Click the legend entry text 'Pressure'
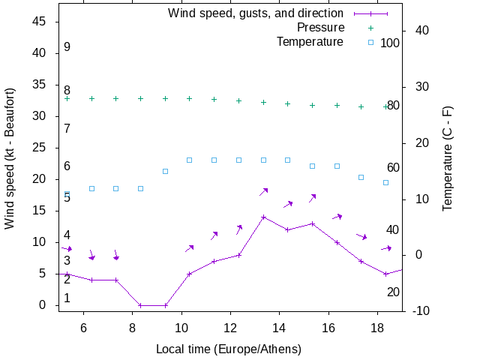tap(320, 28)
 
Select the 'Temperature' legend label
tap(310, 41)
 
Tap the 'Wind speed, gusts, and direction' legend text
tap(256, 13)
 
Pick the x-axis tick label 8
tap(132, 327)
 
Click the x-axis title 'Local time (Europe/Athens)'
tap(228, 349)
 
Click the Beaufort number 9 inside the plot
tap(67, 47)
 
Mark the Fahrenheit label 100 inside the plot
tap(390, 43)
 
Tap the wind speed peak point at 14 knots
tap(263, 217)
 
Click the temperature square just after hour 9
tap(165, 171)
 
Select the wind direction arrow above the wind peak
tap(264, 192)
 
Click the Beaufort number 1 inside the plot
tap(67, 298)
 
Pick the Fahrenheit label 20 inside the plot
tap(393, 292)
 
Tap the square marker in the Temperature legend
tap(370, 42)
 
